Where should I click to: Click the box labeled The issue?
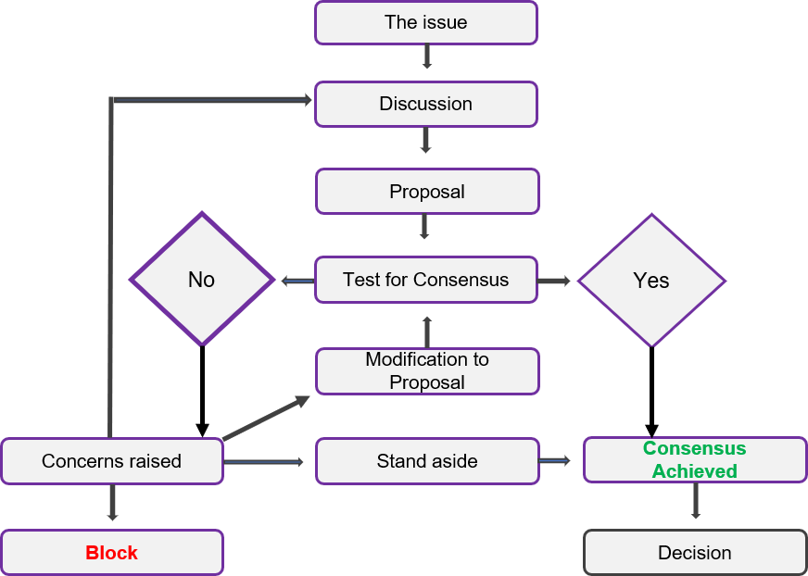425,22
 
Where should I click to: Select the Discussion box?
425,104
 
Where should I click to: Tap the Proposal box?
426,192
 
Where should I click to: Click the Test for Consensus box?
425,280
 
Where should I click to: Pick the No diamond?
201,280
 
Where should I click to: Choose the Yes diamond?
651,280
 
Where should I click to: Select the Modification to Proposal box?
426,370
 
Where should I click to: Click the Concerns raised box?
111,461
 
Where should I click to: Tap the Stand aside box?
426,461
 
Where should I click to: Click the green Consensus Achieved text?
694,459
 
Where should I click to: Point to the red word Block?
111,553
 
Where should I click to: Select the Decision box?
694,553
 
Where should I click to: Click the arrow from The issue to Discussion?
426,57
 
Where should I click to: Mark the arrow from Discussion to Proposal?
425,140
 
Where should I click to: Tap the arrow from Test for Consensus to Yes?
555,280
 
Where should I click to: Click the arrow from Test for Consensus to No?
297,281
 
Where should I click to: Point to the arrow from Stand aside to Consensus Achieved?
556,459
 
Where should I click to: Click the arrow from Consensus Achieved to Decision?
695,503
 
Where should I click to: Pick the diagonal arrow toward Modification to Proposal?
267,418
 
